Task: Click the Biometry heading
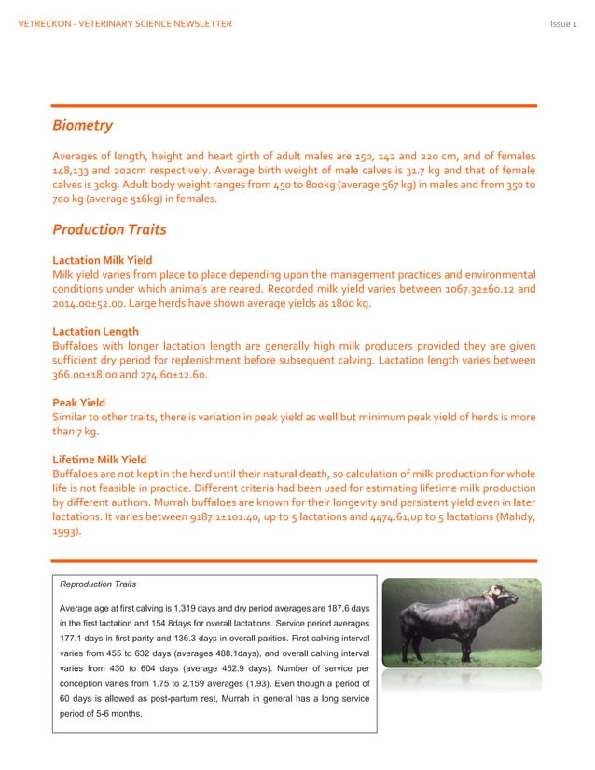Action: [x=82, y=125]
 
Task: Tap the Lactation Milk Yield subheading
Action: [x=103, y=260]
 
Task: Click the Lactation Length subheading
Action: [x=95, y=332]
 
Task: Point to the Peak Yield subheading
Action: [x=78, y=404]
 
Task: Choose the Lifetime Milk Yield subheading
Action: [x=99, y=460]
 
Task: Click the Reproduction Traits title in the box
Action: [x=98, y=584]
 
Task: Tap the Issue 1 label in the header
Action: [x=564, y=23]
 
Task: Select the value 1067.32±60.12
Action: [x=465, y=289]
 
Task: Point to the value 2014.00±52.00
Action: [x=92, y=304]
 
